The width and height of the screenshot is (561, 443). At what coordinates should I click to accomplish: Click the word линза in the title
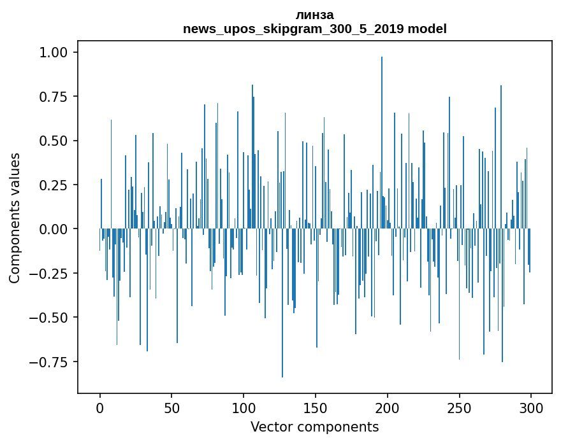pyautogui.click(x=314, y=15)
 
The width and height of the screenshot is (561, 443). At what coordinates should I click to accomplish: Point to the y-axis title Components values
pyautogui.click(x=15, y=218)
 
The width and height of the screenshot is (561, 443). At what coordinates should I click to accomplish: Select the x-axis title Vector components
pyautogui.click(x=314, y=427)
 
